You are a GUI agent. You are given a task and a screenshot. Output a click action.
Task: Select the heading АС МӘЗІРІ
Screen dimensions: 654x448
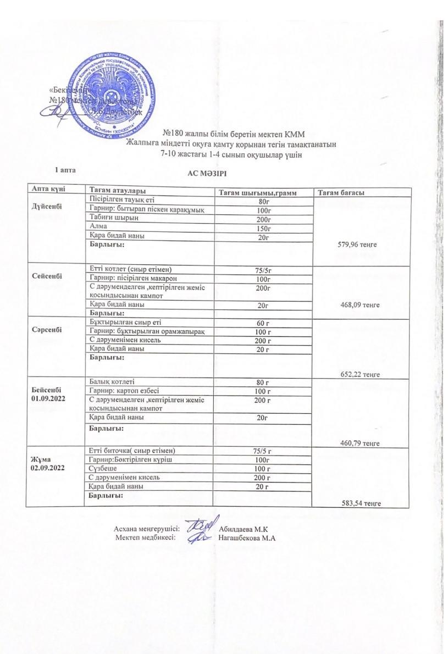pyautogui.click(x=207, y=174)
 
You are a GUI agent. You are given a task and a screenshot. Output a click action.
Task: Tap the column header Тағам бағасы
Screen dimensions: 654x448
pyautogui.click(x=341, y=192)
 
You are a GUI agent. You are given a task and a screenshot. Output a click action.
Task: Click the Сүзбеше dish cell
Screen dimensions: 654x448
pyautogui.click(x=103, y=468)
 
